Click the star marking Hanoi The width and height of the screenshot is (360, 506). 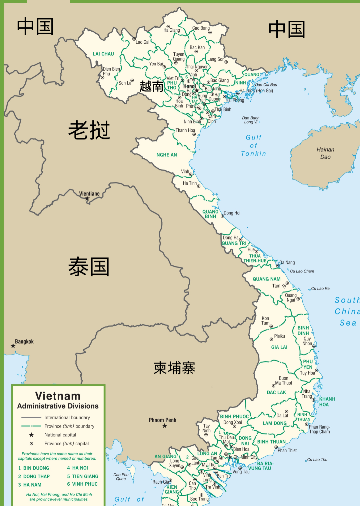197,90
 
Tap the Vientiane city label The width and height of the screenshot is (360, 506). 89,194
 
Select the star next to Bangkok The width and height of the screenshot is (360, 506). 13,346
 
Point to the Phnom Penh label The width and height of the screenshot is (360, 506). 162,420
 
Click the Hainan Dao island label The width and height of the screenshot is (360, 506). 325,153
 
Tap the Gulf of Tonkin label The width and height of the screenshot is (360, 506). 254,145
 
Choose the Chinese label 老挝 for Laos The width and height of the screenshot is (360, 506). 89,130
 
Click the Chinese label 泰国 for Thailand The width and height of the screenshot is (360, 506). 89,267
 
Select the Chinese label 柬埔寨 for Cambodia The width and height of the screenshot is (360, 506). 174,368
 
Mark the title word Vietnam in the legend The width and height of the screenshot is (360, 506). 58,396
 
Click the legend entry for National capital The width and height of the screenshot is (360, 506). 60,435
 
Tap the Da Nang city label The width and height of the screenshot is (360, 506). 287,263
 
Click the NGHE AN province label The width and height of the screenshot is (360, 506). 167,155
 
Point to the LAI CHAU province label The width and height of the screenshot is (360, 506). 103,54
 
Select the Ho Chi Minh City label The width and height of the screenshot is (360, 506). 243,457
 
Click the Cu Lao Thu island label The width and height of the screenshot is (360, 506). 317,460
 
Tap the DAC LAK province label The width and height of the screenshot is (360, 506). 276,392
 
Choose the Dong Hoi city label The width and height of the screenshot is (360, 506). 232,213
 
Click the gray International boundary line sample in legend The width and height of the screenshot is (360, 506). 31,418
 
